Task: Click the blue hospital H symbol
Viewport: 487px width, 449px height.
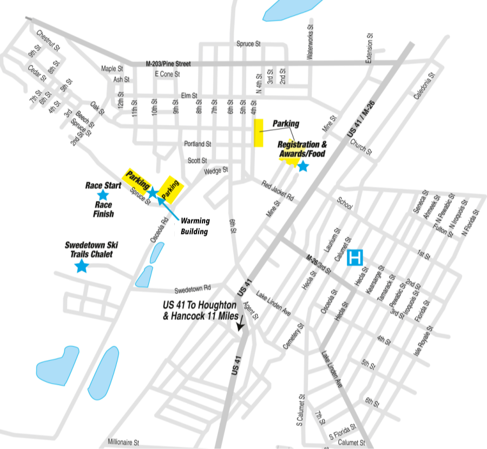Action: (355, 257)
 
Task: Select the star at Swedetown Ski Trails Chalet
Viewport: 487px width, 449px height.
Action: (82, 265)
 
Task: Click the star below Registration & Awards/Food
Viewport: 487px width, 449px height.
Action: (303, 166)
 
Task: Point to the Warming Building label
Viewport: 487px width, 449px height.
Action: (195, 225)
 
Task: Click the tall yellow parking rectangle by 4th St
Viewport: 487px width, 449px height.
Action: (259, 133)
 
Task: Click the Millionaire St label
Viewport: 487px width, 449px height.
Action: (124, 441)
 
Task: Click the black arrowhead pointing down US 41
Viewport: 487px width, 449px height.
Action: (240, 325)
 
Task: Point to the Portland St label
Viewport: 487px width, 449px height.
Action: (197, 144)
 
